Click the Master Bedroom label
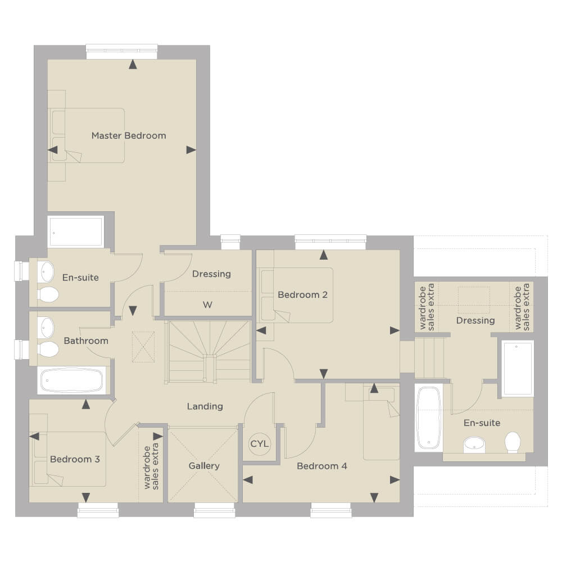(129, 135)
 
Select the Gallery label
(204, 466)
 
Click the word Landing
(205, 406)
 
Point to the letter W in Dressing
(207, 305)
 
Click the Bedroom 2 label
(302, 294)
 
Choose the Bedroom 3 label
(75, 459)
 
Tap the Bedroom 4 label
(322, 466)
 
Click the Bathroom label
(86, 341)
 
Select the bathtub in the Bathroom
(72, 380)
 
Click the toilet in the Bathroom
(48, 350)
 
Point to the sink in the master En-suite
(46, 272)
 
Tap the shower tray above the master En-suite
(76, 232)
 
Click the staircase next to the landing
(210, 352)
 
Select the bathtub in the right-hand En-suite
(429, 418)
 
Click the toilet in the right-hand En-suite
(513, 442)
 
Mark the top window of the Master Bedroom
(122, 52)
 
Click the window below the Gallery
(214, 510)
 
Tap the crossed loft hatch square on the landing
(143, 347)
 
